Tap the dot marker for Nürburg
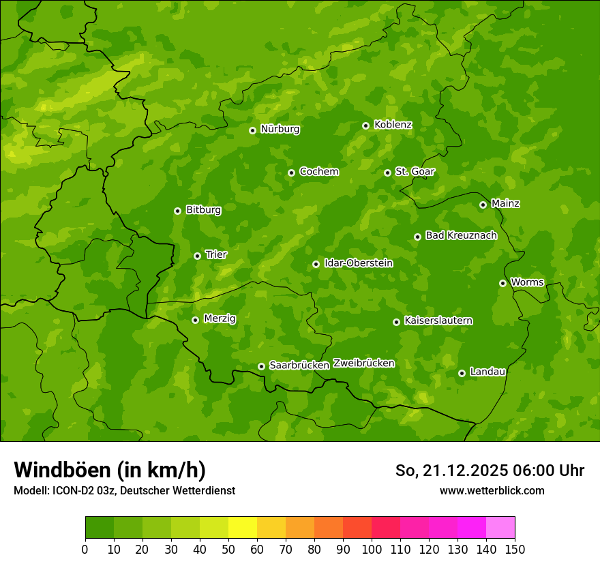tap(252, 130)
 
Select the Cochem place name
tap(318, 172)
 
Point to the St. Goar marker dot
tap(387, 173)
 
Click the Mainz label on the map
tap(505, 204)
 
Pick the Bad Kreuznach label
tap(461, 235)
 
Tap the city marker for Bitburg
tap(177, 211)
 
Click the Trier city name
tap(216, 254)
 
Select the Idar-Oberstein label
tap(358, 263)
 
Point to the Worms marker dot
tap(502, 283)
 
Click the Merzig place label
tap(220, 318)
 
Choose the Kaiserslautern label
tap(438, 321)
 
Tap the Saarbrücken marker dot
tap(261, 366)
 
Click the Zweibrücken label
tap(363, 363)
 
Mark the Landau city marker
tap(462, 373)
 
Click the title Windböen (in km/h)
tap(110, 470)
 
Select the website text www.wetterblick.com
tap(492, 490)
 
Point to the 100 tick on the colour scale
tap(372, 548)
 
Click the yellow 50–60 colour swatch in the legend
tap(243, 528)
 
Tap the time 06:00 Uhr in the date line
tap(547, 471)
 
